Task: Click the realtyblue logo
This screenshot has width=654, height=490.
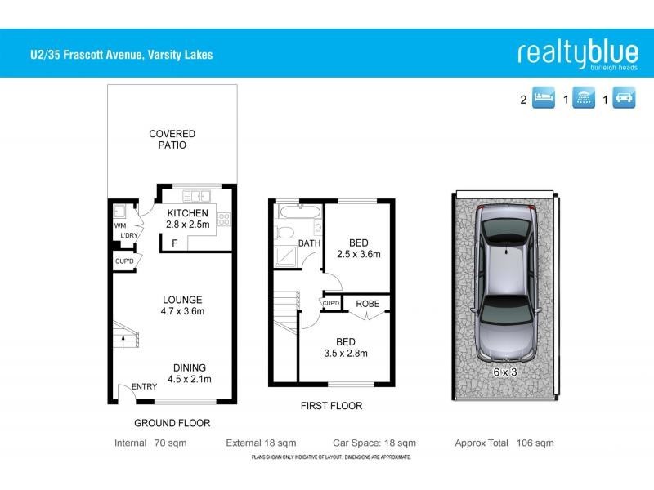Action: point(577,54)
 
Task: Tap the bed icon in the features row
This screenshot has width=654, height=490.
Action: point(544,100)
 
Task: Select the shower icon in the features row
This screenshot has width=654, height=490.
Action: point(583,100)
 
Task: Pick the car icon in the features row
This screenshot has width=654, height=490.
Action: point(624,100)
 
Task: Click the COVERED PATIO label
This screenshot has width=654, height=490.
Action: point(172,140)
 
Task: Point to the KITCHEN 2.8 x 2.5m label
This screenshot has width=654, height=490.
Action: point(182,219)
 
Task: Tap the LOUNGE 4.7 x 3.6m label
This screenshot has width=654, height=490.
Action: point(181,305)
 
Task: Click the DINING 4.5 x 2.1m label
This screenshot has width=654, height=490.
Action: point(189,373)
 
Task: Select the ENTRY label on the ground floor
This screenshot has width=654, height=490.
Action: point(144,387)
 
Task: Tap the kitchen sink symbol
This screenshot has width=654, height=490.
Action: point(197,196)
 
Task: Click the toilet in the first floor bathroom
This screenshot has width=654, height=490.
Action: point(285,234)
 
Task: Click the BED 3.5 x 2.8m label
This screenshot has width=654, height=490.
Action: point(346,348)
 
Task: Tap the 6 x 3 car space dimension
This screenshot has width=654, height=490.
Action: point(505,372)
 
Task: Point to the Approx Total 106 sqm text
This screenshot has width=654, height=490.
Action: point(504,443)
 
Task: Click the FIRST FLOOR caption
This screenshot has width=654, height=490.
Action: point(330,406)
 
